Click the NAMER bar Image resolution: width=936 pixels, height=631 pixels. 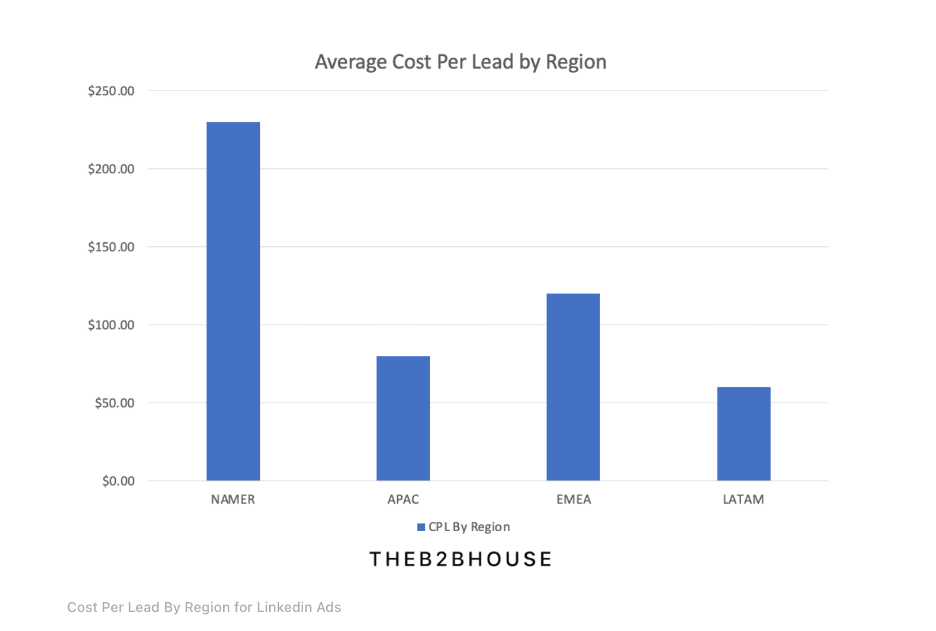click(x=233, y=301)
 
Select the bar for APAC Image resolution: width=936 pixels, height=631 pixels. click(x=403, y=418)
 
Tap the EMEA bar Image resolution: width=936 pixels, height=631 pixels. click(x=573, y=387)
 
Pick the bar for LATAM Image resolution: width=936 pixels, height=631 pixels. click(x=743, y=434)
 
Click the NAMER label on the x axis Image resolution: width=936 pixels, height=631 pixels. click(x=233, y=499)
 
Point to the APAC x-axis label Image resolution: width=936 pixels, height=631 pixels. click(x=403, y=499)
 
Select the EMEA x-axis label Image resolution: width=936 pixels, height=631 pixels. click(x=573, y=499)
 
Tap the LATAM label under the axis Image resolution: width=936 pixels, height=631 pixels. click(x=743, y=499)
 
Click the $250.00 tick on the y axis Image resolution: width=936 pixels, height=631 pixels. click(x=111, y=91)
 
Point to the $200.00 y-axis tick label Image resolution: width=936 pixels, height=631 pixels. click(x=111, y=169)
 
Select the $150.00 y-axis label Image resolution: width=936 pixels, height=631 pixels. click(x=111, y=247)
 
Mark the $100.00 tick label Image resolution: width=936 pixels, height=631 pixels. click(x=111, y=325)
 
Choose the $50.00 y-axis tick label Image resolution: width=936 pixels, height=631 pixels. click(x=114, y=403)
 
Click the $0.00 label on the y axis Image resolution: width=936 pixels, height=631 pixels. click(x=118, y=481)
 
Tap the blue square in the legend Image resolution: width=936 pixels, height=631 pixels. click(x=421, y=527)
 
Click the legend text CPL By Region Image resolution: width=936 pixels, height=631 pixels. click(x=469, y=527)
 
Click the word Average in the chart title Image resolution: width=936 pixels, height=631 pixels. click(x=350, y=62)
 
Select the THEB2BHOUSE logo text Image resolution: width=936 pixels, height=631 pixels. click(x=461, y=559)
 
